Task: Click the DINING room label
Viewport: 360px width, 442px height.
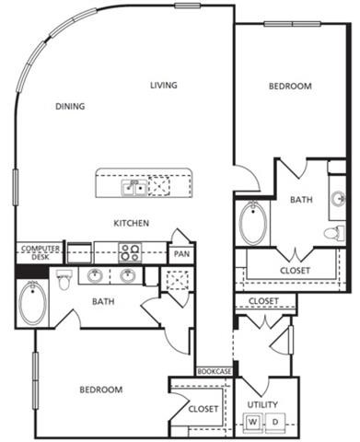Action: (70, 106)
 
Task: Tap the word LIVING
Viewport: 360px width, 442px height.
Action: (164, 86)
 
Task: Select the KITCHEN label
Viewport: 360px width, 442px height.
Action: (132, 223)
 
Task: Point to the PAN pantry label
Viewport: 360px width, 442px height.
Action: (181, 253)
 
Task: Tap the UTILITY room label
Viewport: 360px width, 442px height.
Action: (262, 405)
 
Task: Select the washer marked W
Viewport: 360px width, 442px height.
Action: (251, 422)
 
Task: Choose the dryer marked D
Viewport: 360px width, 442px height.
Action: (274, 422)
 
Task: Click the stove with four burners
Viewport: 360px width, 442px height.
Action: (130, 251)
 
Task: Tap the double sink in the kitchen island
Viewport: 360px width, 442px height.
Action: (134, 187)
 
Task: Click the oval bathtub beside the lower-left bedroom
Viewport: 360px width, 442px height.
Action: (32, 303)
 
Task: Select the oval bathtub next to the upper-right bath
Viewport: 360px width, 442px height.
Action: (251, 223)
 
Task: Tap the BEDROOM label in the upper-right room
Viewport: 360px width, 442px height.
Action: (290, 87)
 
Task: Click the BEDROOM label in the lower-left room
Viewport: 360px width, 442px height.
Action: (100, 390)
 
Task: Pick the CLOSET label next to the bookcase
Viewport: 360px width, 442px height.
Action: (203, 408)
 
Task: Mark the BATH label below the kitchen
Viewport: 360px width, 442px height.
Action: (102, 300)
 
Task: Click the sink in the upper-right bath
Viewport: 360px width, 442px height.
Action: (338, 199)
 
